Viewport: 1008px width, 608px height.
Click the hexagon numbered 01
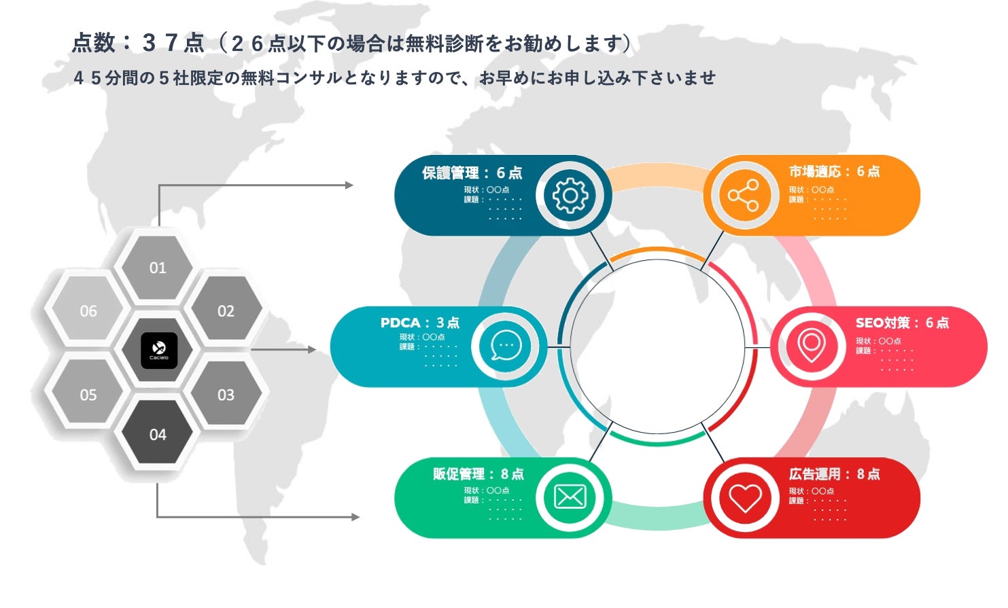tap(158, 267)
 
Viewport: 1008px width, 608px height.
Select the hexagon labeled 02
tap(226, 310)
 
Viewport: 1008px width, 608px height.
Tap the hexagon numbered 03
tap(226, 395)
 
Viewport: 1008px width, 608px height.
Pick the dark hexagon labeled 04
tap(158, 434)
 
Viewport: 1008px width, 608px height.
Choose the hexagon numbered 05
tap(88, 395)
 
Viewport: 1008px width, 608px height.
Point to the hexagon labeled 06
tap(88, 310)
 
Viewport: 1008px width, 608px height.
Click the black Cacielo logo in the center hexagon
tap(159, 351)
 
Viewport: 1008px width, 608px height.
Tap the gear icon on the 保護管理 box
tap(570, 196)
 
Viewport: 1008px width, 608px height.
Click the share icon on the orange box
tap(744, 196)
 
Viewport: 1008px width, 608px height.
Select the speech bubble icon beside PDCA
tap(506, 346)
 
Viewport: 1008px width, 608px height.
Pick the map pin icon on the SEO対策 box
tap(811, 346)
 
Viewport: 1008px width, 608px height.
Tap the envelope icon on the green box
tap(570, 497)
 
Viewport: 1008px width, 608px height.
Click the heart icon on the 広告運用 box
tap(745, 498)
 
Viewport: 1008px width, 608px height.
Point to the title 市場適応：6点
tap(834, 171)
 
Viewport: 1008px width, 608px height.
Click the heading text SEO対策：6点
tap(901, 323)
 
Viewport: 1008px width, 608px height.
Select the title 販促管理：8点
tap(478, 473)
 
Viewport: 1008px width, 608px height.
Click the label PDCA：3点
tap(419, 323)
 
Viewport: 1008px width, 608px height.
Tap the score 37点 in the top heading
tap(173, 43)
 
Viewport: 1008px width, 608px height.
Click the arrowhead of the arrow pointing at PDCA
tap(312, 350)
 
